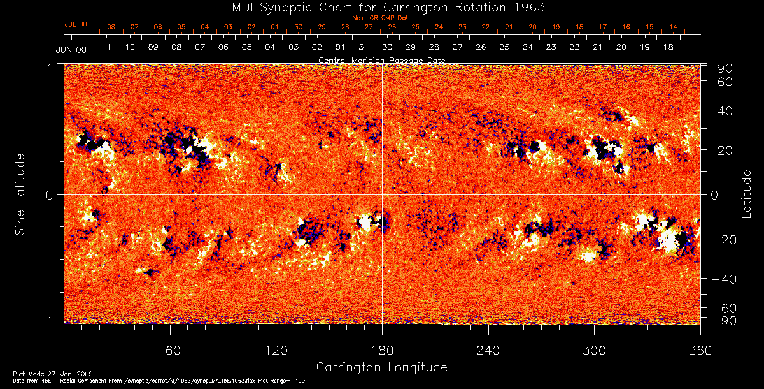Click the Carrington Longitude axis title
coord(381,367)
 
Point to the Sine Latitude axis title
coord(20,194)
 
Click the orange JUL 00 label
coord(76,24)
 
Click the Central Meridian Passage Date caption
coord(381,60)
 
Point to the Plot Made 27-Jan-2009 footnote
coord(42,372)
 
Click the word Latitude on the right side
coord(746,194)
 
